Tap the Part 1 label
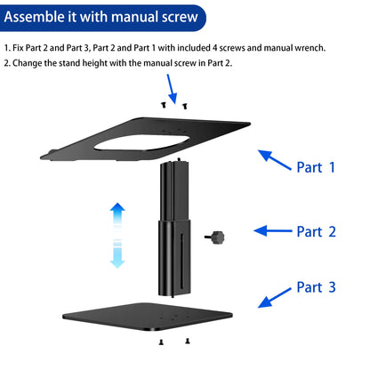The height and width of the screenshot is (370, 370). pyautogui.click(x=316, y=167)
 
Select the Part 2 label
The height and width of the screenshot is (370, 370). pyautogui.click(x=316, y=231)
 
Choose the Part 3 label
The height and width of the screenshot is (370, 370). pyautogui.click(x=316, y=287)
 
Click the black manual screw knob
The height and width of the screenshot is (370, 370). pyautogui.click(x=216, y=237)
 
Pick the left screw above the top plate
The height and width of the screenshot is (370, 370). pyautogui.click(x=164, y=105)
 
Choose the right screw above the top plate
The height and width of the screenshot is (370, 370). pyautogui.click(x=184, y=105)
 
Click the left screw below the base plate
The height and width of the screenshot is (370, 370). pyautogui.click(x=160, y=342)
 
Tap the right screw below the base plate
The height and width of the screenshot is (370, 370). pyautogui.click(x=187, y=342)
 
